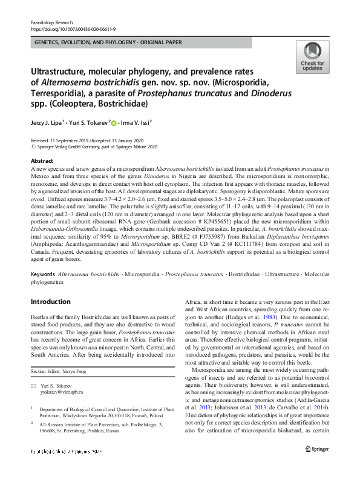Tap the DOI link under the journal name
[74, 28]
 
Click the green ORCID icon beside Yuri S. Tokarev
[113, 122]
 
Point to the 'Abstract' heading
[41, 161]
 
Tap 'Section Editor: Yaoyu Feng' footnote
[59, 371]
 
